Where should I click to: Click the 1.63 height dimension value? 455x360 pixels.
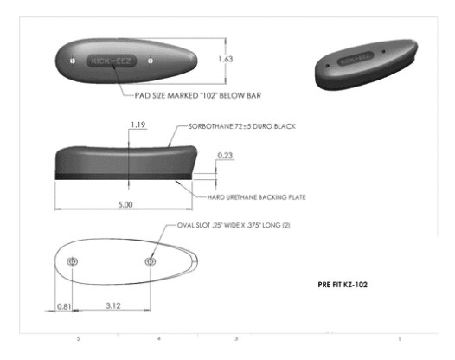(226, 59)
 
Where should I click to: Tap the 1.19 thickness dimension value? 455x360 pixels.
(138, 125)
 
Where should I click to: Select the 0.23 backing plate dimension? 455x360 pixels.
(225, 155)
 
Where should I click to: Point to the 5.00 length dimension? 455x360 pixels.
(125, 205)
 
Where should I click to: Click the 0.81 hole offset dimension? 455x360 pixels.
(64, 306)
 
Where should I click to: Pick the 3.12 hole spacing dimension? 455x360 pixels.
(113, 305)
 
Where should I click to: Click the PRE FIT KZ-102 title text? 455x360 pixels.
(343, 285)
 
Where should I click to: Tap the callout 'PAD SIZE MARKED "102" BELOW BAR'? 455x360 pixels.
(198, 95)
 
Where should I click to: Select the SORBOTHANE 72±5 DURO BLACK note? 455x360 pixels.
(242, 126)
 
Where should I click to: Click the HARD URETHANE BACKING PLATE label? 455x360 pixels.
(257, 197)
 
